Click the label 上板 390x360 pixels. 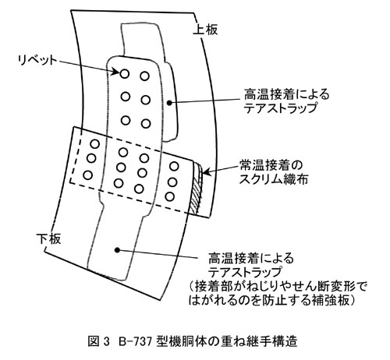pyautogui.click(x=205, y=30)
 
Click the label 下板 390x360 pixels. pyautogui.click(x=48, y=238)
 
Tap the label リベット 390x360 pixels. pyautogui.click(x=37, y=61)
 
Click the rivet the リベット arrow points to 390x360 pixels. pyautogui.click(x=125, y=74)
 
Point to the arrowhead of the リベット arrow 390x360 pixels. pyautogui.click(x=115, y=71)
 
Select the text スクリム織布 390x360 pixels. pyautogui.click(x=274, y=179)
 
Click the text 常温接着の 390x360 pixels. pyautogui.click(x=271, y=165)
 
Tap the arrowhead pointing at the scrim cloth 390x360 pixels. pyautogui.click(x=205, y=171)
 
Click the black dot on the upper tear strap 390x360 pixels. pyautogui.click(x=169, y=103)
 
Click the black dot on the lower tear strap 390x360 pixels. pyautogui.click(x=117, y=250)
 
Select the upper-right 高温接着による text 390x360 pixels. pyautogui.click(x=286, y=94)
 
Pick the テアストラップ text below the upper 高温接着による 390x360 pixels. pyautogui.click(x=281, y=108)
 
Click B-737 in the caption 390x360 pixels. pyautogui.click(x=135, y=341)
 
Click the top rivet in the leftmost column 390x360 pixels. pyautogui.click(x=95, y=143)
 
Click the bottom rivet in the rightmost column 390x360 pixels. pyautogui.click(x=169, y=196)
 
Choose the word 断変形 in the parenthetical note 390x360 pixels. pyautogui.click(x=336, y=287)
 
